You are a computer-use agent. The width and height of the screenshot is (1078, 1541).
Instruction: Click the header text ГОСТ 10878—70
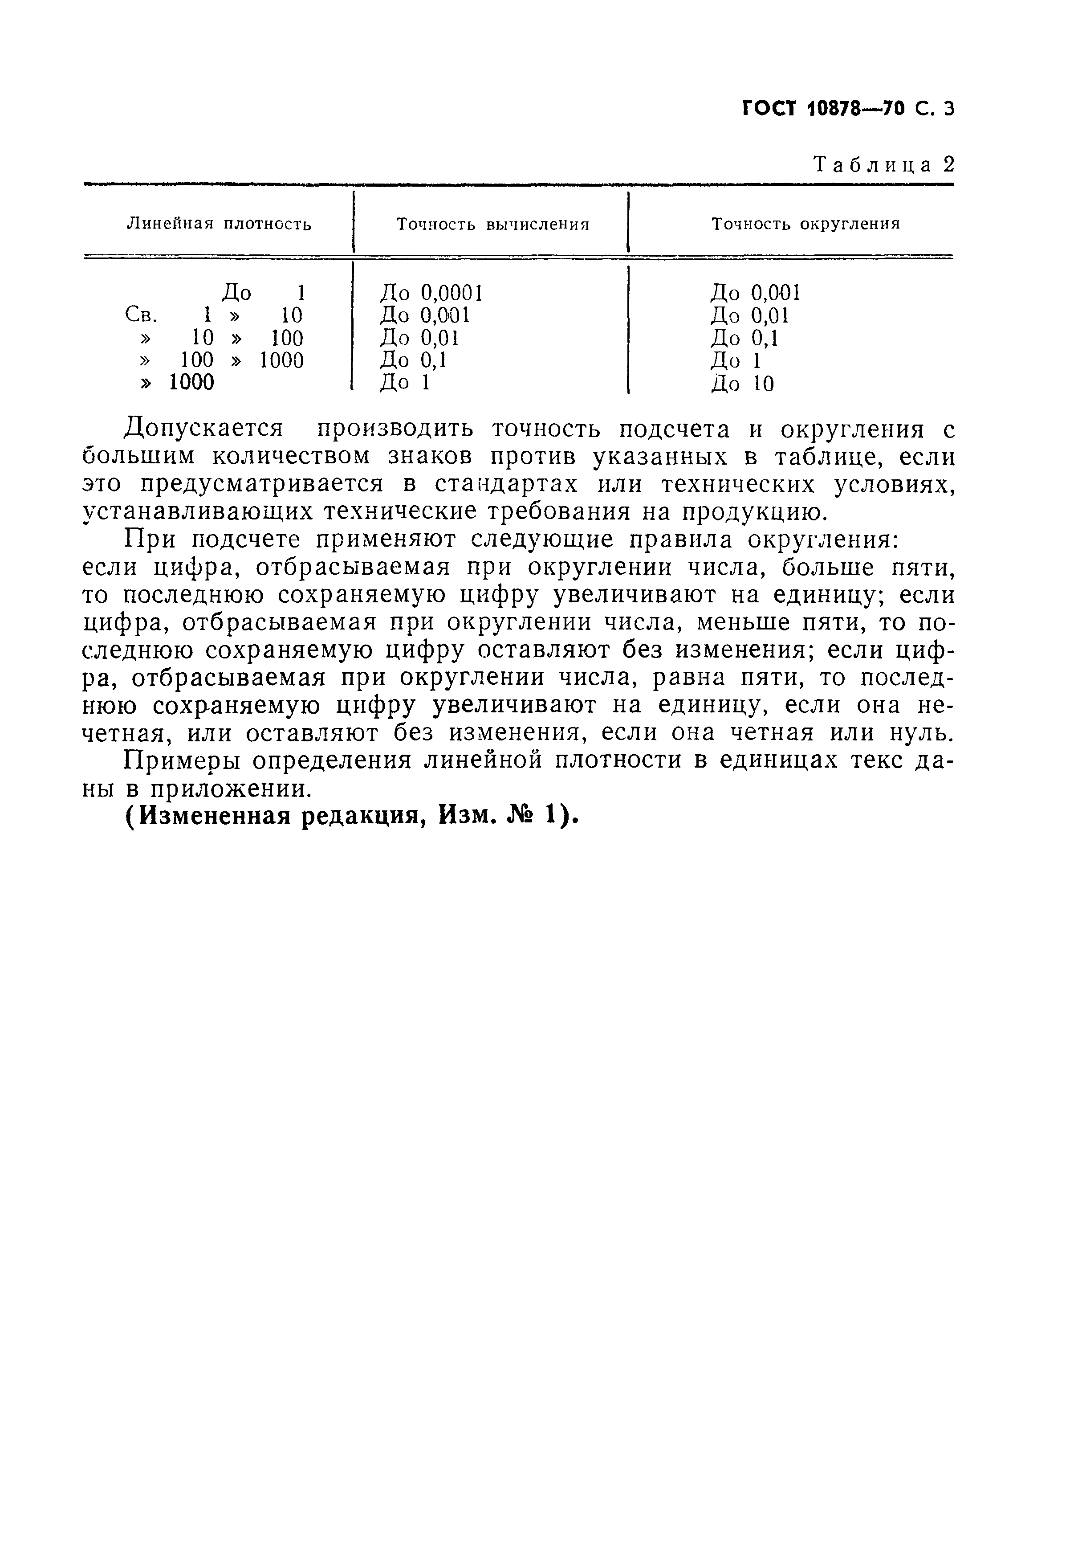(825, 108)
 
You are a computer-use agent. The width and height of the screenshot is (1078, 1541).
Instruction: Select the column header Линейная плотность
(219, 224)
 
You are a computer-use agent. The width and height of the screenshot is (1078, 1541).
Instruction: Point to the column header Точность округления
(805, 224)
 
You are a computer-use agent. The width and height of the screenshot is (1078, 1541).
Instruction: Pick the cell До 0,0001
(431, 293)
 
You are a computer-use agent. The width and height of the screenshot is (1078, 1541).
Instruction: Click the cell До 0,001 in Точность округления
(755, 293)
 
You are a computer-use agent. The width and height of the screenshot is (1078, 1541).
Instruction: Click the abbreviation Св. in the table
(141, 315)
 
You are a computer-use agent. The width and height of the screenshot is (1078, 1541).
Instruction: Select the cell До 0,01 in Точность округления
(749, 315)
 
